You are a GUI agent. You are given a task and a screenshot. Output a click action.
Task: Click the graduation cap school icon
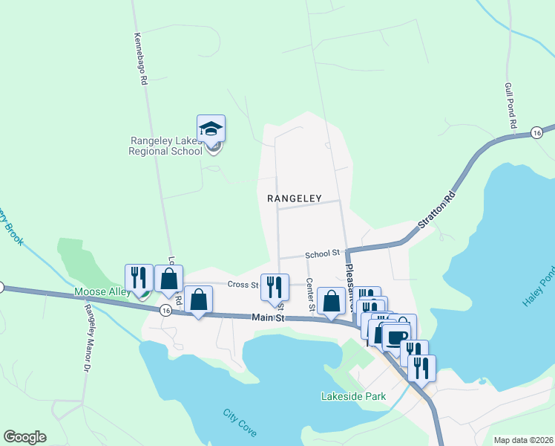(x=211, y=129)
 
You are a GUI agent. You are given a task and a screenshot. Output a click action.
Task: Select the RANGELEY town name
(x=295, y=198)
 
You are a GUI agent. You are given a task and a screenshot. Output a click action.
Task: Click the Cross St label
(x=242, y=284)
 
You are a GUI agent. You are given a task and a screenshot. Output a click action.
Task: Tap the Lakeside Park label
(x=354, y=397)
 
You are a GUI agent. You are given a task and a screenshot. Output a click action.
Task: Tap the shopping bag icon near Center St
(x=331, y=301)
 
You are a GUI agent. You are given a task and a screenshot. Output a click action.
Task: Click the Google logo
(x=24, y=437)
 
